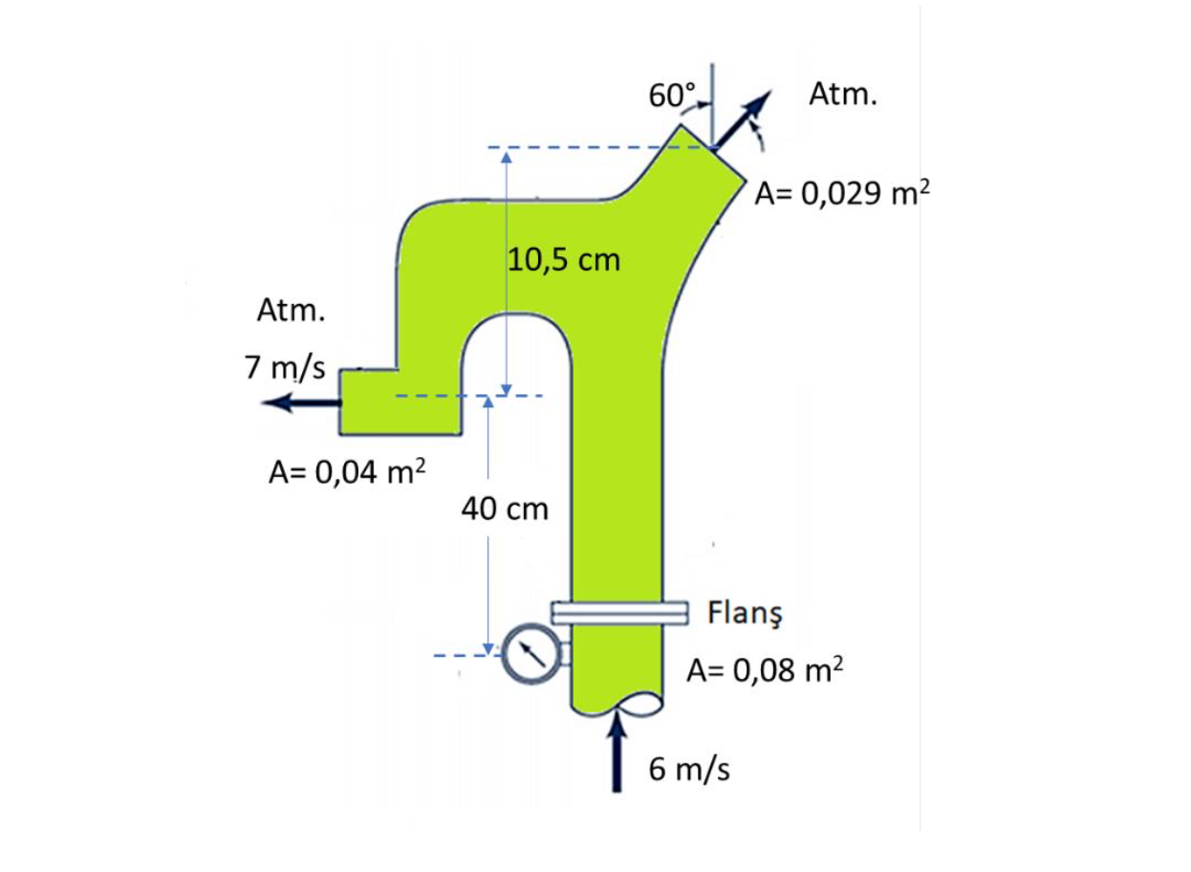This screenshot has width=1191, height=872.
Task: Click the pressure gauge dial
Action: point(531,654)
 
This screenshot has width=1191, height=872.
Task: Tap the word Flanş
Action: point(745,613)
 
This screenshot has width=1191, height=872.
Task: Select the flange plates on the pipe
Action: point(619,613)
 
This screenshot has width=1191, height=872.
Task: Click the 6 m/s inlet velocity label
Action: point(689,770)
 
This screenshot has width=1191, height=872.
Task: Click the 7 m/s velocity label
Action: point(285,367)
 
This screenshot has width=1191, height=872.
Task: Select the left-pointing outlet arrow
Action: point(301,403)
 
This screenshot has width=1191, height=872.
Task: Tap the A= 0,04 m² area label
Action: point(347,471)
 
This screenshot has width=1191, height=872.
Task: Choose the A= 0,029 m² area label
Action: point(843,192)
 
